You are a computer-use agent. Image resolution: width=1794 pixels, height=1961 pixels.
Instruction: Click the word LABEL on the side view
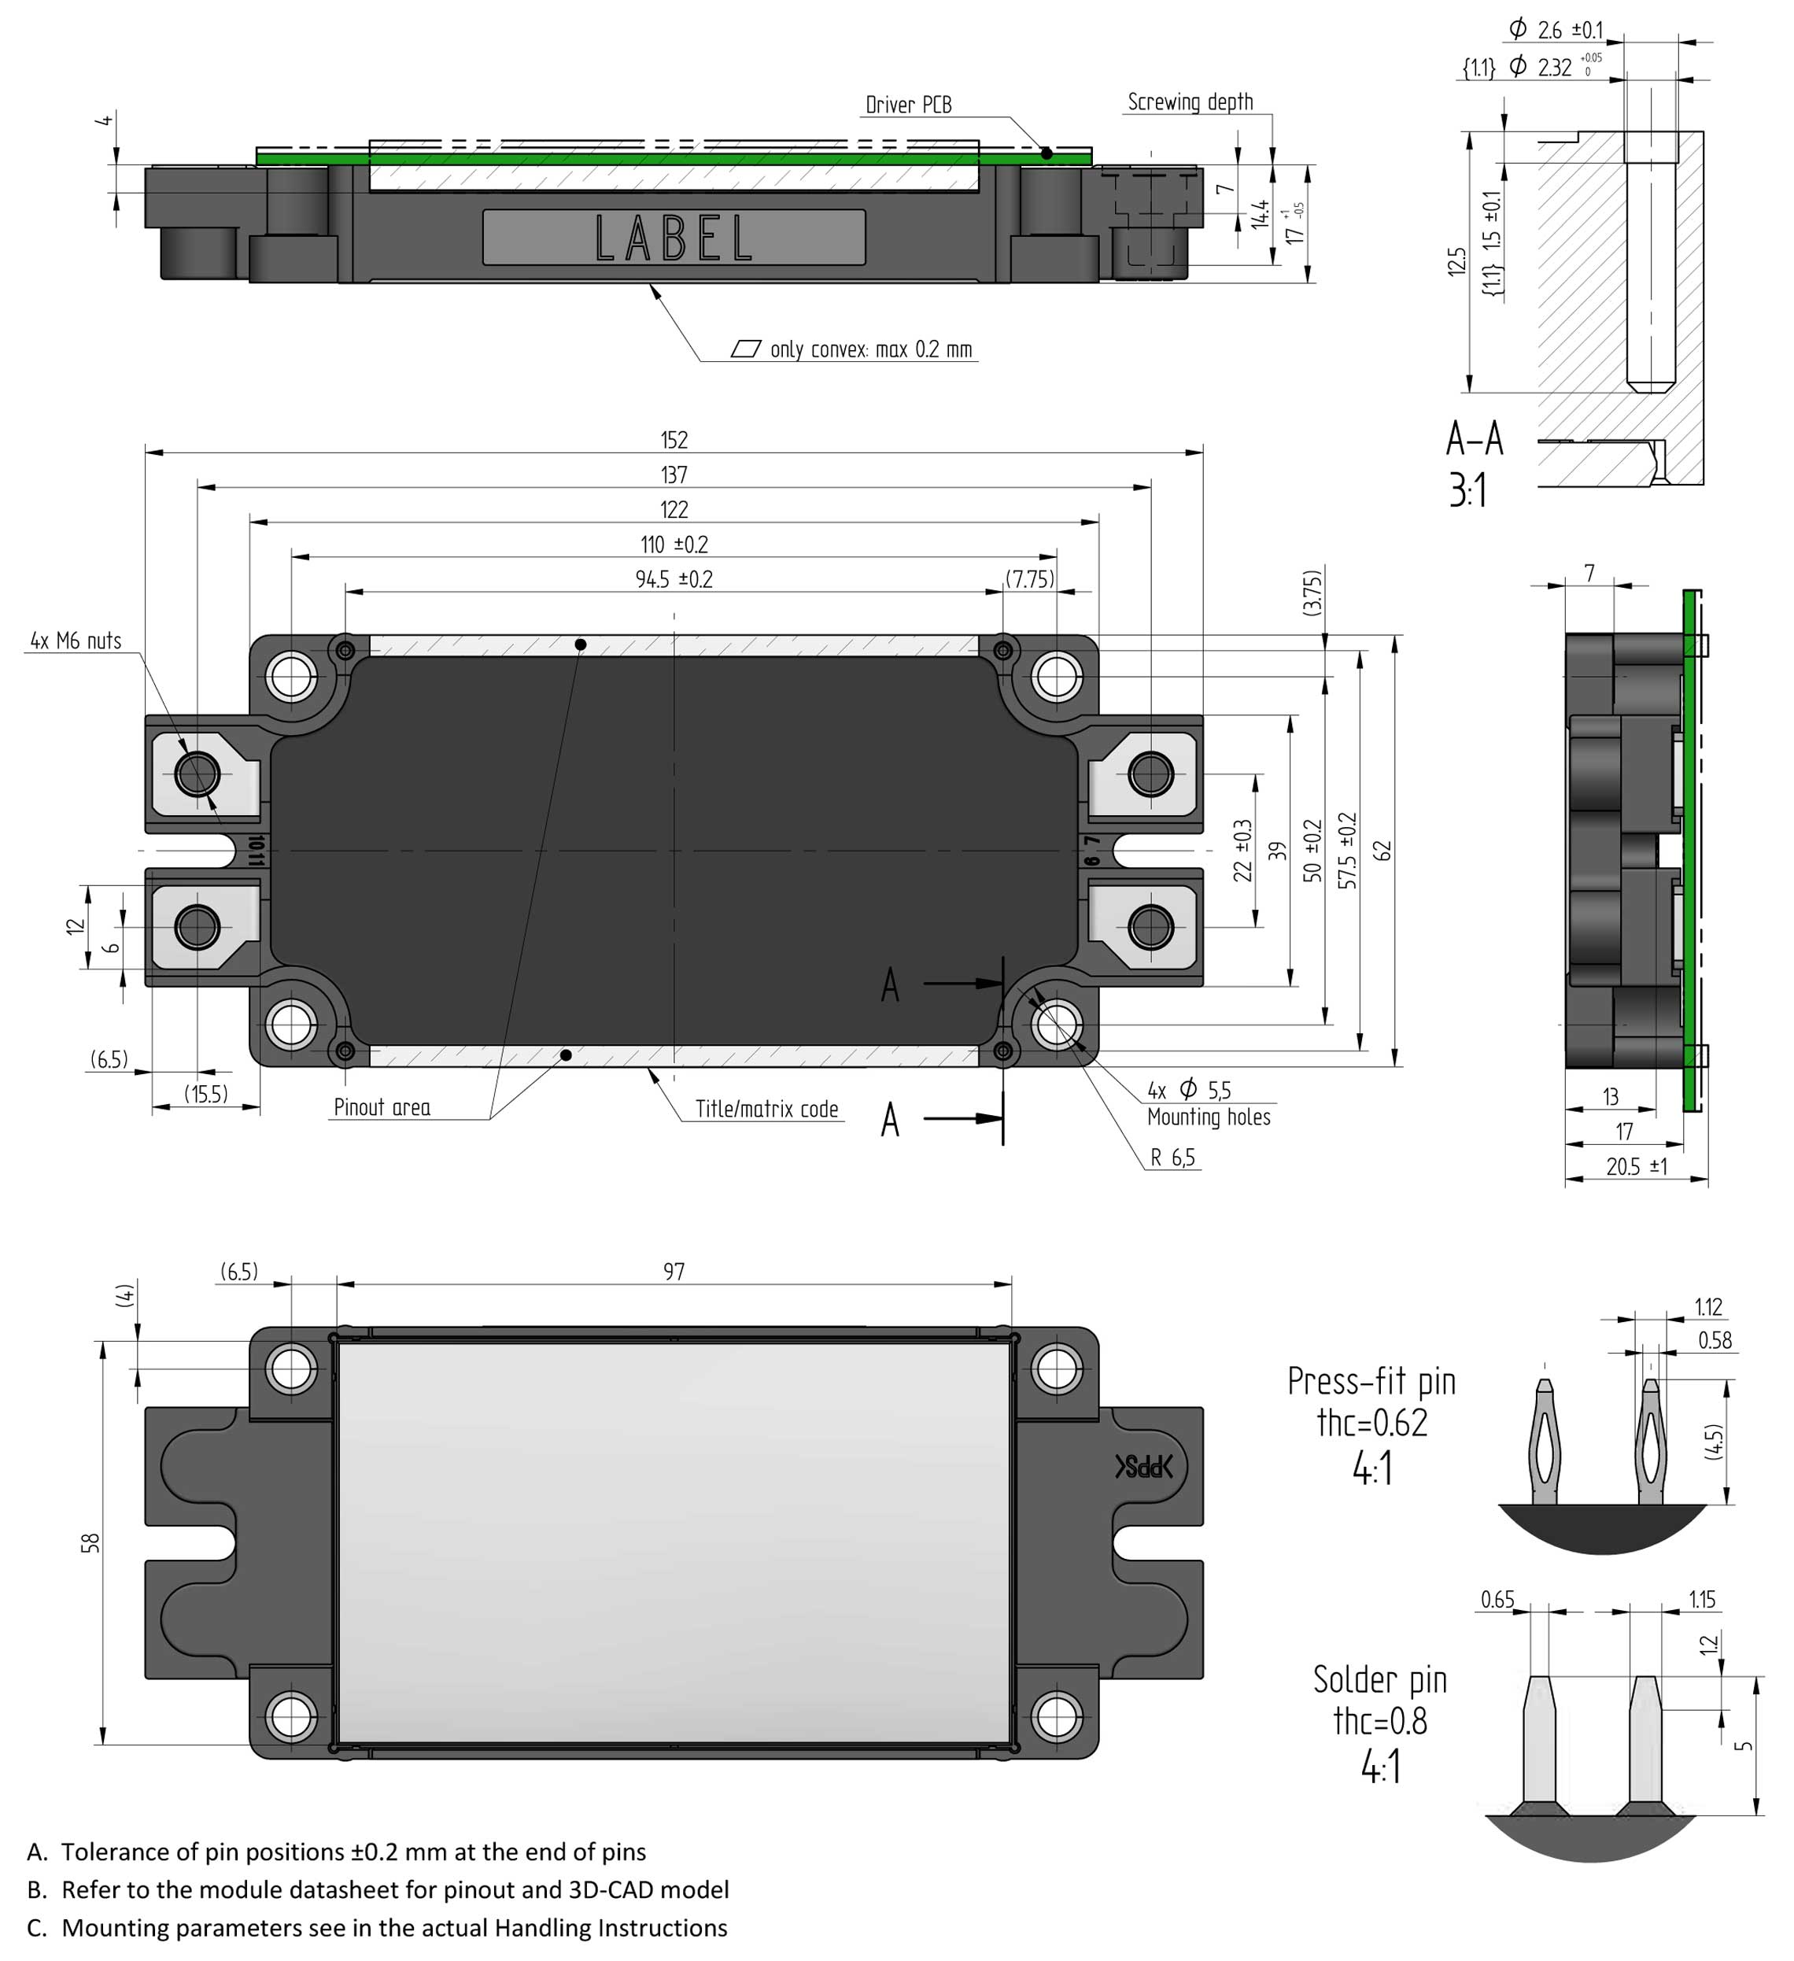pyautogui.click(x=674, y=238)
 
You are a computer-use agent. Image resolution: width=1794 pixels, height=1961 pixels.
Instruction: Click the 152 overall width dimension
pyautogui.click(x=674, y=440)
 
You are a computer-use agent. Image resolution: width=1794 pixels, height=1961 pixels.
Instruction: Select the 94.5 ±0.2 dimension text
pyautogui.click(x=674, y=580)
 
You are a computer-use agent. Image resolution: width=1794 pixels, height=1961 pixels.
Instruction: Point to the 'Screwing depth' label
pyautogui.click(x=1189, y=102)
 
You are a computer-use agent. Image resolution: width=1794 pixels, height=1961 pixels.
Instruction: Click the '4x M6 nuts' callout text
pyautogui.click(x=76, y=641)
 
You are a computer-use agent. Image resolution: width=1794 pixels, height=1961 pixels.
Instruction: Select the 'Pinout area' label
pyautogui.click(x=382, y=1107)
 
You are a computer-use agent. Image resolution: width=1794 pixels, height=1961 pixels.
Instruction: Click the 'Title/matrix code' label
pyautogui.click(x=766, y=1109)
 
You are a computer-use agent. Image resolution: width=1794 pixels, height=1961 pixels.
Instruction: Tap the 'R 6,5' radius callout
pyautogui.click(x=1172, y=1158)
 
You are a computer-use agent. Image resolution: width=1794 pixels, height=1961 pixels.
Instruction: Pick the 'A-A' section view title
pyautogui.click(x=1473, y=440)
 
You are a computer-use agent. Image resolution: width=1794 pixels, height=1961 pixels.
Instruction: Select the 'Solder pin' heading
pyautogui.click(x=1379, y=1680)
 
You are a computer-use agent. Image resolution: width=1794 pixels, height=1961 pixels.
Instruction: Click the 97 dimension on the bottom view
pyautogui.click(x=674, y=1272)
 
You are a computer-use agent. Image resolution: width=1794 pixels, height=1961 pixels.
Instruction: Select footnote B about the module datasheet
pyautogui.click(x=379, y=1889)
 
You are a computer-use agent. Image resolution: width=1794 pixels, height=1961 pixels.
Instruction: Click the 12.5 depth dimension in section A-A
pyautogui.click(x=1456, y=262)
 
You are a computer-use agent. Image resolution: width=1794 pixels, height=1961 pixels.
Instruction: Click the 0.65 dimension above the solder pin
pyautogui.click(x=1497, y=1600)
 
